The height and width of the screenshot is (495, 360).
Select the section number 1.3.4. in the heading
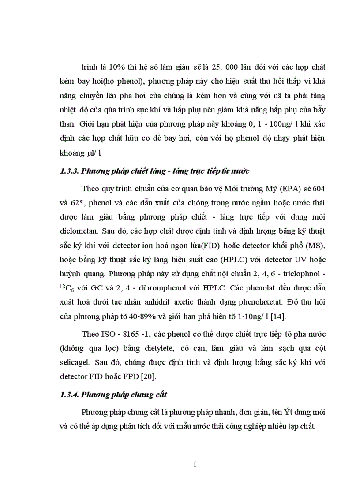69,382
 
